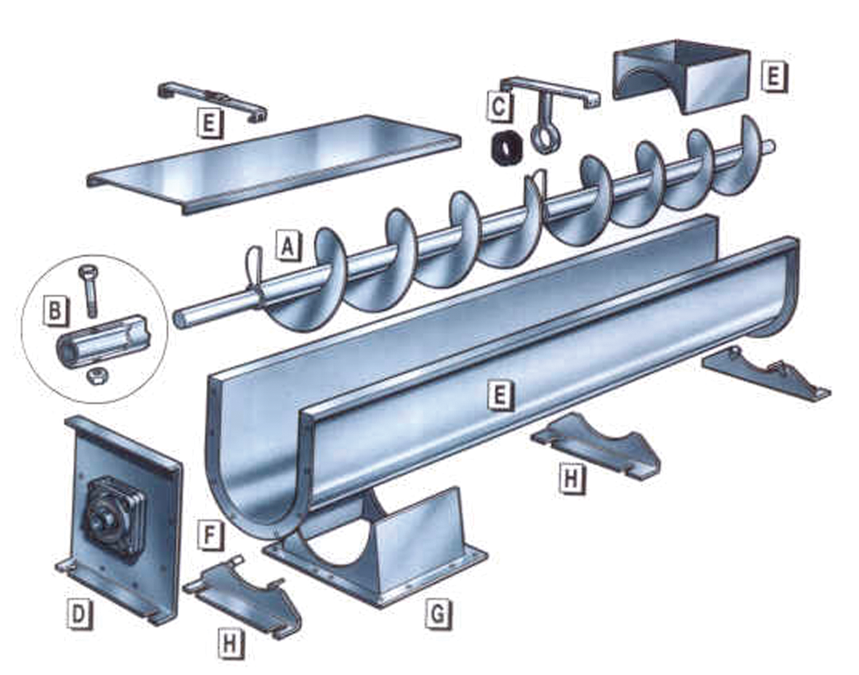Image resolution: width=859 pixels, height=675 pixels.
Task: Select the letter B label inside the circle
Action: (54, 310)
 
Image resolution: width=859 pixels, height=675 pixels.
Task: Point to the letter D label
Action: (79, 615)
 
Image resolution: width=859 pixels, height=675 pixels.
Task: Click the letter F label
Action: (210, 536)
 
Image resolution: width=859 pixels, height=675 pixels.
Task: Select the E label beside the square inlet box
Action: (772, 77)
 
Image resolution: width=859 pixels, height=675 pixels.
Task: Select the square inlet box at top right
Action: (681, 76)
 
